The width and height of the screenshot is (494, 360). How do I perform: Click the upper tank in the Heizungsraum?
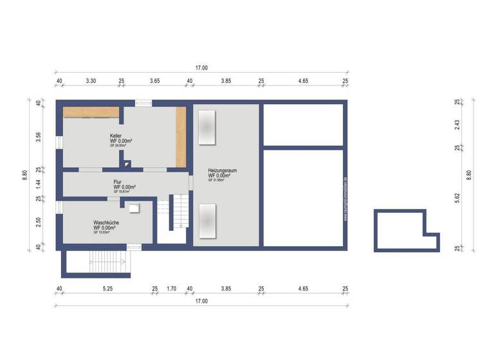[207, 127]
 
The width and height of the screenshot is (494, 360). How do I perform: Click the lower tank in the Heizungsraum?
[207, 221]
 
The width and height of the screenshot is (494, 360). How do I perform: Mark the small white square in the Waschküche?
[134, 208]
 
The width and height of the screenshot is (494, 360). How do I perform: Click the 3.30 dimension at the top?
[91, 81]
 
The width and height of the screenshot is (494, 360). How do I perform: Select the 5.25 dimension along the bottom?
[107, 289]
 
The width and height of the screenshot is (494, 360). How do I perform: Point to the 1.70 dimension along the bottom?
[172, 289]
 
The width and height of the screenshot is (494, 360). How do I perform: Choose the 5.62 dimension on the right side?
[457, 199]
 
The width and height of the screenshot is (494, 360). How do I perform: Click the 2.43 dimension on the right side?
[457, 126]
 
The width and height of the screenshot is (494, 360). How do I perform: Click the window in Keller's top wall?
[143, 103]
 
